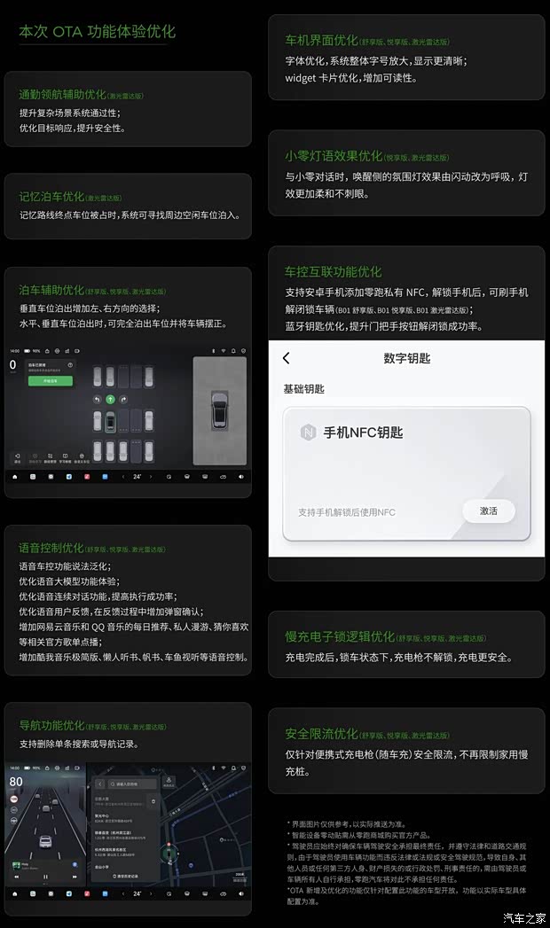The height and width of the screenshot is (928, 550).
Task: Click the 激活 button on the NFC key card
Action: click(x=488, y=511)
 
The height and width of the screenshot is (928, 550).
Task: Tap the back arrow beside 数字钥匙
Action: click(x=286, y=358)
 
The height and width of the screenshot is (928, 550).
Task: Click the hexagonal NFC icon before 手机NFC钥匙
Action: click(x=308, y=432)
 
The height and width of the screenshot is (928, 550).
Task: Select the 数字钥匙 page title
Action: click(x=407, y=358)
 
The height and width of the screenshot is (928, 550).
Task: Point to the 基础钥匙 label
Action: click(x=303, y=388)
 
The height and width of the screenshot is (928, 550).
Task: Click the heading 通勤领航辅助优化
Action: click(x=62, y=94)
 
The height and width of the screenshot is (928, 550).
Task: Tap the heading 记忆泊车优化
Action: click(x=52, y=197)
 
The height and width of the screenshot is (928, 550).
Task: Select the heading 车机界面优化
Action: click(x=321, y=41)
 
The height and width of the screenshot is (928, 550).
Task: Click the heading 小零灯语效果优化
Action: click(x=334, y=156)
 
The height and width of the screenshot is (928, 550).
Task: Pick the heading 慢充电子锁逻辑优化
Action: click(x=340, y=636)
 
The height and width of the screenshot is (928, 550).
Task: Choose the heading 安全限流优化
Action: click(x=321, y=734)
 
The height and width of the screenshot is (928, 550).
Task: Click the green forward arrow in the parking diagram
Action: click(x=110, y=400)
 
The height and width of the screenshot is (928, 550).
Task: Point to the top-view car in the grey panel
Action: click(x=219, y=409)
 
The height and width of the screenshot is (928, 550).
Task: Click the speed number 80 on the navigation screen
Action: click(x=16, y=782)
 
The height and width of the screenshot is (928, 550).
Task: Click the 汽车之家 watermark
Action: click(x=524, y=917)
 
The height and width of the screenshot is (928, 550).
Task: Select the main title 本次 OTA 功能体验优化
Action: click(x=98, y=32)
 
